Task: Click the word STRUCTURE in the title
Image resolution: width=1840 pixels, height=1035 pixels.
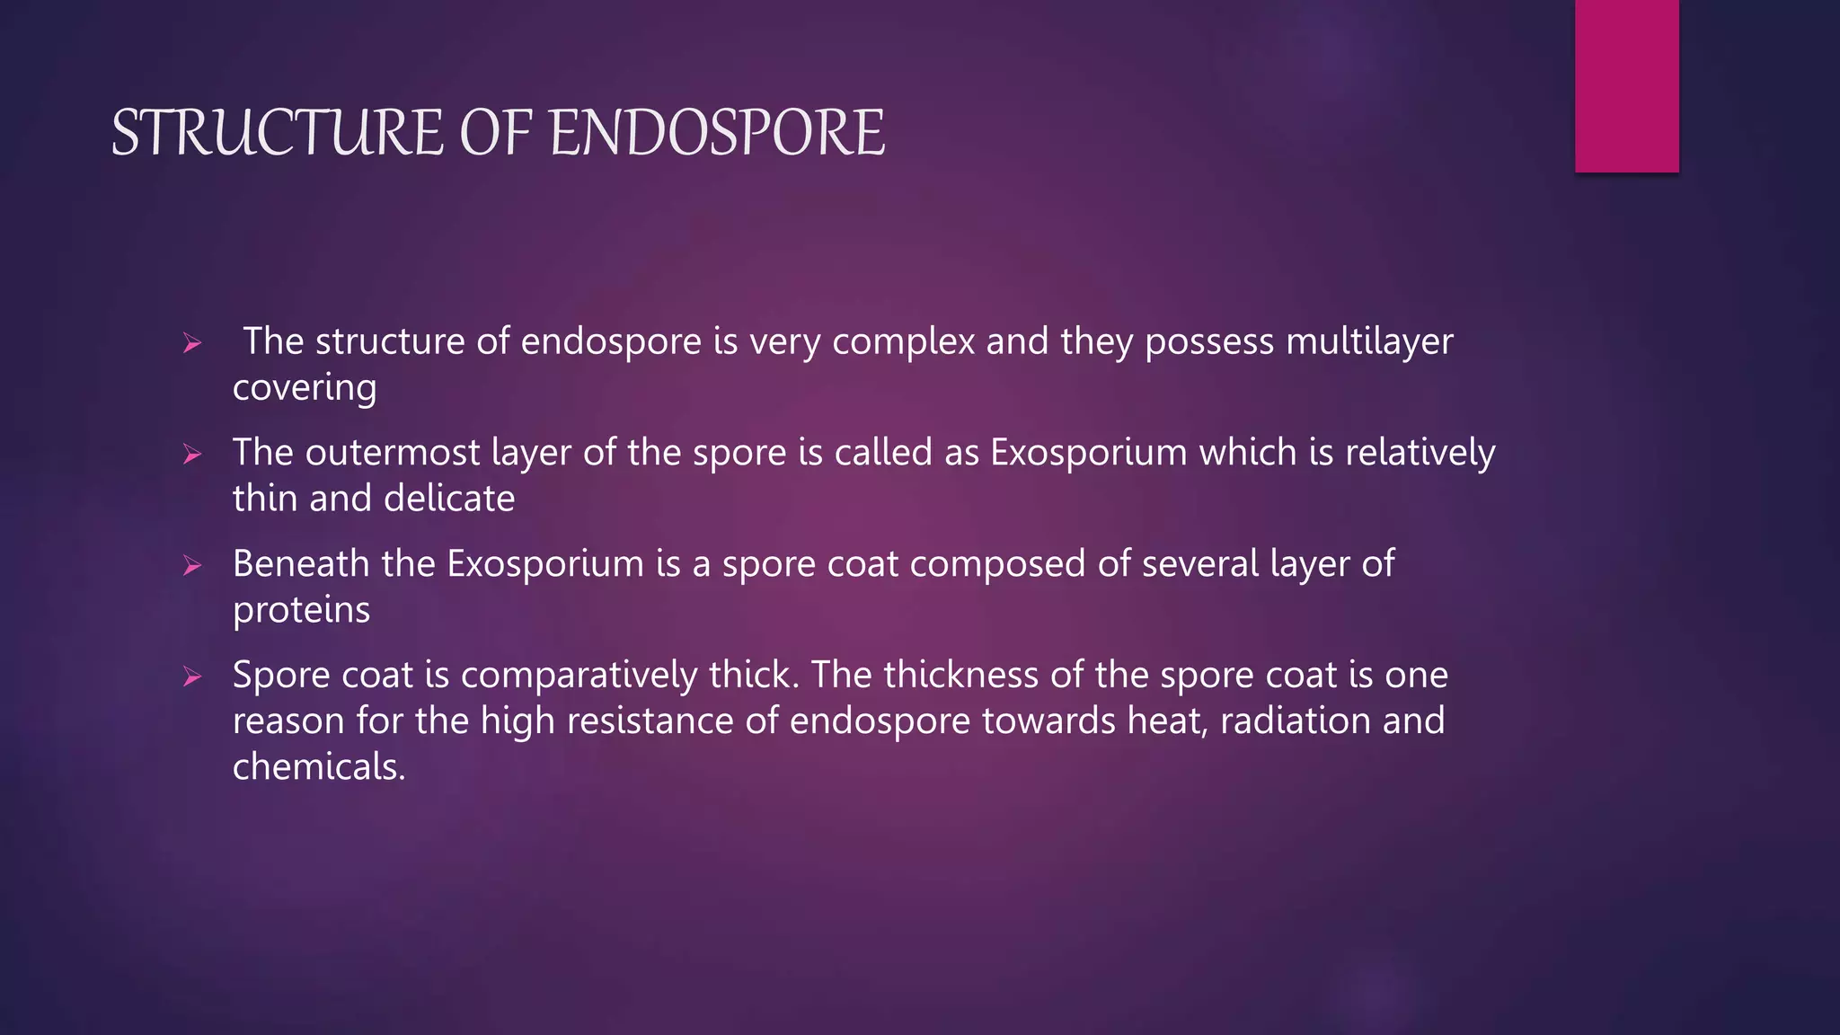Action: tap(277, 133)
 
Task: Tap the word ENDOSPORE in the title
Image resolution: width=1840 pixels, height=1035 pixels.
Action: tap(716, 133)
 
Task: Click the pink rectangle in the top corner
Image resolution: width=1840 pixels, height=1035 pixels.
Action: tap(1626, 85)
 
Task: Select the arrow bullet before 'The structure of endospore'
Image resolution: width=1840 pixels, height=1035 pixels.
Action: tap(191, 343)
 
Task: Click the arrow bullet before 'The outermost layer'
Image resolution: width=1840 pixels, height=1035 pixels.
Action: tap(191, 455)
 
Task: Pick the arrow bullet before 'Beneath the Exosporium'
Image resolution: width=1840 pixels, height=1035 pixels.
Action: tap(191, 566)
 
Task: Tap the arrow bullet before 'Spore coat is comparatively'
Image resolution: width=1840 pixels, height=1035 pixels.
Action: tap(191, 677)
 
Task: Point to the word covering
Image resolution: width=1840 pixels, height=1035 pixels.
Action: tap(305, 388)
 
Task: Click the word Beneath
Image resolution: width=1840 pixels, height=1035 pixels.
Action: tap(301, 564)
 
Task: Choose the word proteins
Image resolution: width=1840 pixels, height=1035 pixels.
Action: tap(301, 611)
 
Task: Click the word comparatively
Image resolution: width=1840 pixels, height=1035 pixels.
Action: tap(579, 676)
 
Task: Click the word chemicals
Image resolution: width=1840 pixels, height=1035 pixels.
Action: tap(319, 767)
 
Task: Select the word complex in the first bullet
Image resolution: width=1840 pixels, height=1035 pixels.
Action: tap(903, 342)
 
